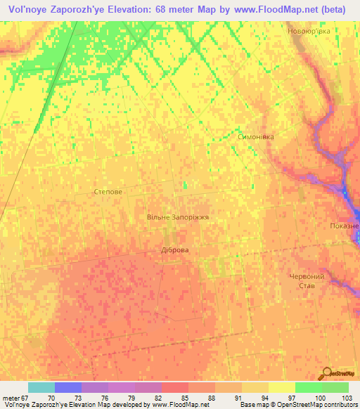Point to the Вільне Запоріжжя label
tap(178, 218)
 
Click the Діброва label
tap(175, 249)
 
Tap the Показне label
tap(345, 226)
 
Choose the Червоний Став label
tap(307, 282)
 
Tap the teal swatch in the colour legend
tap(41, 387)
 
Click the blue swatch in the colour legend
tap(67, 387)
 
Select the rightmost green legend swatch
tap(335, 387)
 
